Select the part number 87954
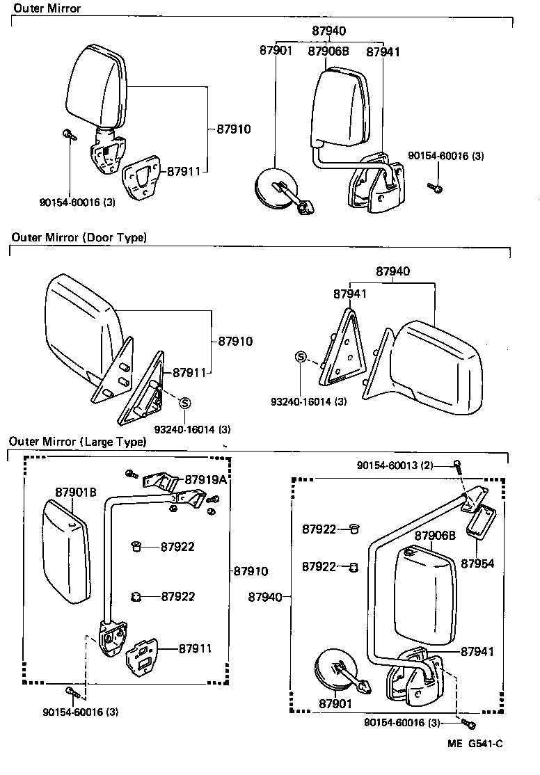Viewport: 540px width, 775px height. click(478, 563)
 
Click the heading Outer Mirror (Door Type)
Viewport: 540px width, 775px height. click(79, 237)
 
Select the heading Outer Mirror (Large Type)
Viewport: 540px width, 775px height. click(77, 442)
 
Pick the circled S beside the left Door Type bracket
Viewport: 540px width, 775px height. click(185, 402)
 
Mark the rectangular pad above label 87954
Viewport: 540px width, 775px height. click(481, 521)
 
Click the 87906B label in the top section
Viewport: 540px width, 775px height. click(328, 51)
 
